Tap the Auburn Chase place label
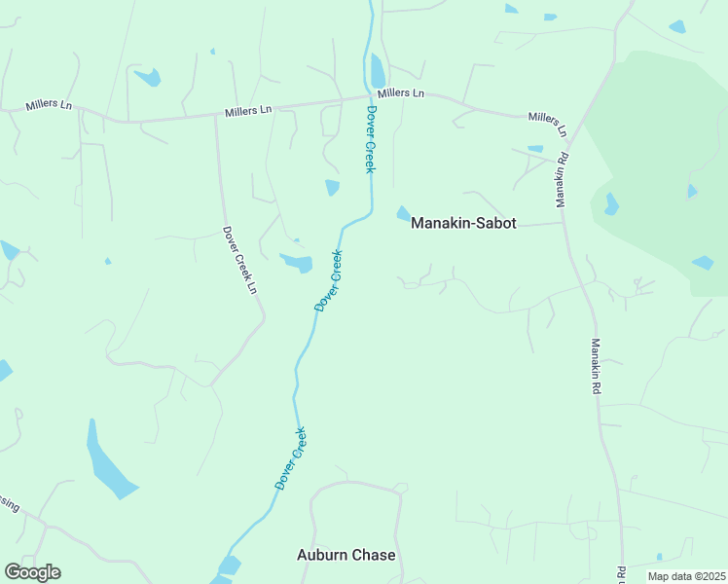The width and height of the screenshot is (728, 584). (346, 555)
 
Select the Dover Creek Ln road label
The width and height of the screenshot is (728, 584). (239, 261)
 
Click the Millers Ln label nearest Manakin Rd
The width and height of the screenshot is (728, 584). (548, 123)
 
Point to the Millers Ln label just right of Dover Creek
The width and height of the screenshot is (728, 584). (401, 93)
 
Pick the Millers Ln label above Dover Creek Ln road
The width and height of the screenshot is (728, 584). (248, 111)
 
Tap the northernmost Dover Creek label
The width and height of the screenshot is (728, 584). (370, 139)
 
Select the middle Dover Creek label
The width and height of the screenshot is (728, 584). (329, 281)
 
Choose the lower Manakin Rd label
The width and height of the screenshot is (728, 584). (596, 366)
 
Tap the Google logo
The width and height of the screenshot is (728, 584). (32, 572)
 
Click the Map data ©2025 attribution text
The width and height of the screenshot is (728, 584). (685, 576)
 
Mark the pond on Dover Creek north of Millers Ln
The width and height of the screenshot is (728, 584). (378, 71)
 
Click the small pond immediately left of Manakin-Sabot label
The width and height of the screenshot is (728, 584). (403, 213)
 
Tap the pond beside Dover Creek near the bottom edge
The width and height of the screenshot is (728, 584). (230, 566)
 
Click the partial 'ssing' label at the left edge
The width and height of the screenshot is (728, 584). (8, 504)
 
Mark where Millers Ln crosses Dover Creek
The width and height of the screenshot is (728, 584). (371, 96)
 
